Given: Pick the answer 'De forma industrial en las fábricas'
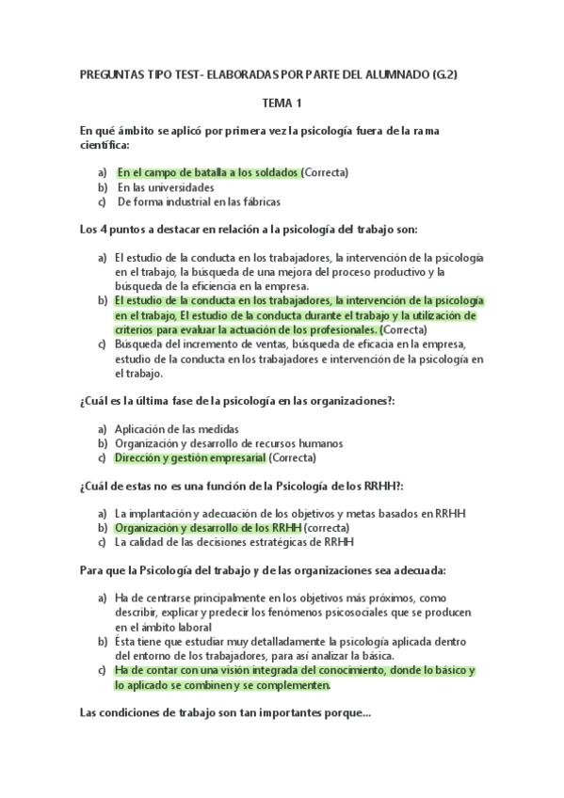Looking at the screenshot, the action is [x=199, y=201].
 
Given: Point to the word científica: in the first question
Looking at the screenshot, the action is [x=105, y=146].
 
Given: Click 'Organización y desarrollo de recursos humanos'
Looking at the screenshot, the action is [x=228, y=443].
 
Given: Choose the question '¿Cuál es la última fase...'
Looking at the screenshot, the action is [x=237, y=401].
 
